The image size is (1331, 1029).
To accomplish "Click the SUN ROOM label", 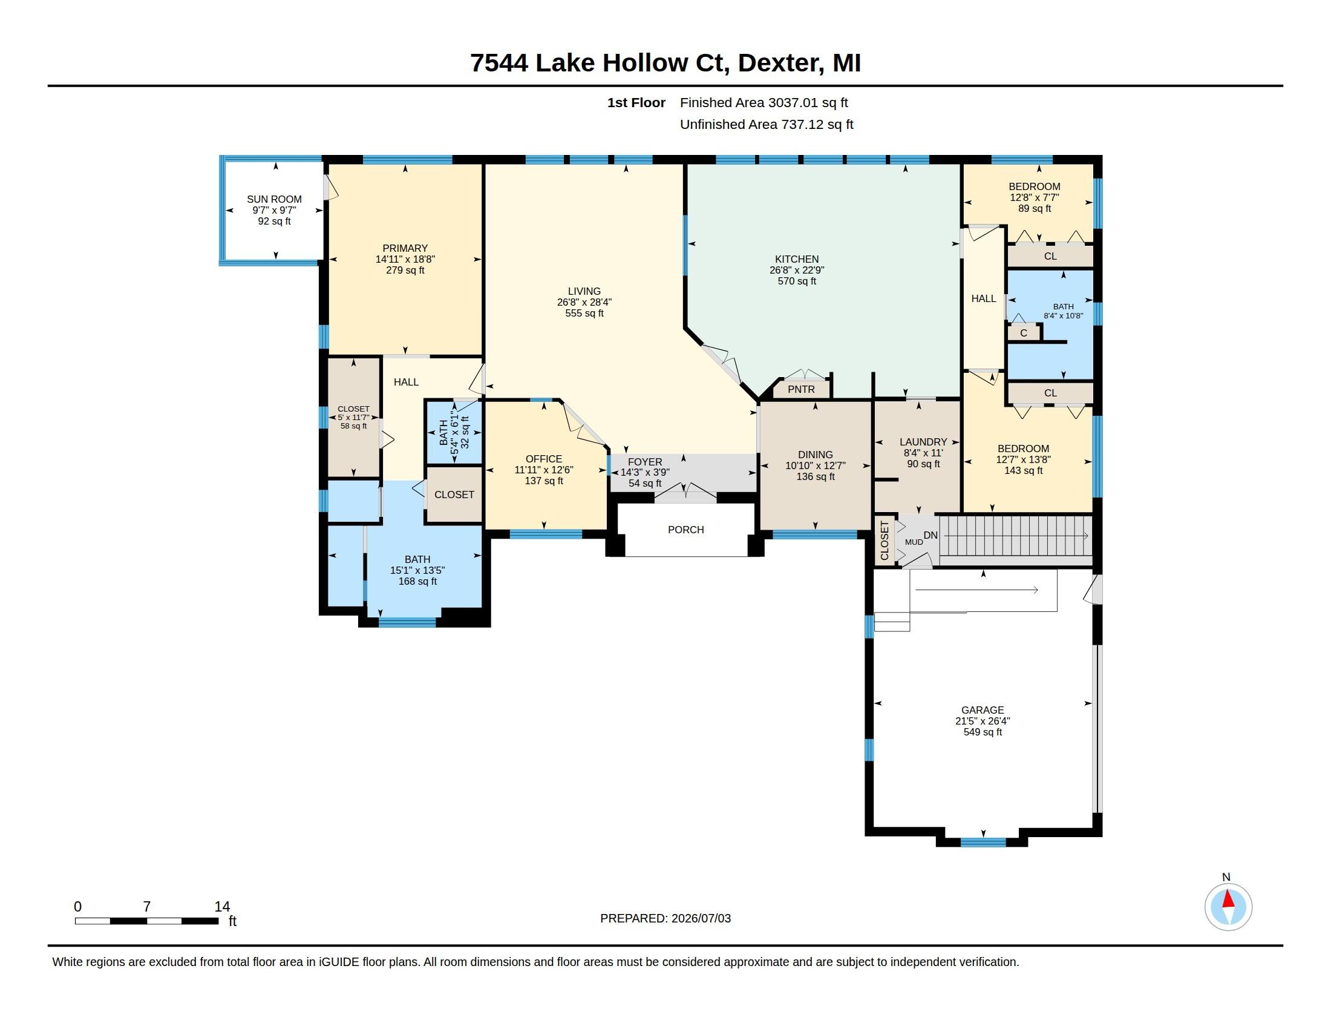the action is point(274,199).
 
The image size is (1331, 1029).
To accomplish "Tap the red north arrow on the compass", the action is point(1228,899).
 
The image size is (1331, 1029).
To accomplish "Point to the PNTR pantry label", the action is point(801,389).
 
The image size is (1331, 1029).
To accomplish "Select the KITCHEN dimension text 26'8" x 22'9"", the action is point(797,270).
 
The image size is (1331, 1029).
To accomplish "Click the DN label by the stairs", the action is point(930,535).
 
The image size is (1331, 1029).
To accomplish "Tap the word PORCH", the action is point(685,530).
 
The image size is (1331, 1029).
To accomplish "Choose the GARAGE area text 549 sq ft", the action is point(983,732).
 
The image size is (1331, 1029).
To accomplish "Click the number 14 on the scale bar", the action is point(222,907).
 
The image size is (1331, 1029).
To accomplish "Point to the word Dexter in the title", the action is point(777,63).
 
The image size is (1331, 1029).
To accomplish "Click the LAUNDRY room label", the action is point(923,442).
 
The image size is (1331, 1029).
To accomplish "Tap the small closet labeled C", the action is point(1023,333).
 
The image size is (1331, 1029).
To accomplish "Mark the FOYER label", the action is point(645,462).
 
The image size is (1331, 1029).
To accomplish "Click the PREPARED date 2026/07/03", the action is point(700,918).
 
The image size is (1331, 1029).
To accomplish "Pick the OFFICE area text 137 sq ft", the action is point(544,481).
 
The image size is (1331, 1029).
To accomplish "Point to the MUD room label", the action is point(914,542).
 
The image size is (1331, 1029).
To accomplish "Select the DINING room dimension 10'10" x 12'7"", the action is point(816,465).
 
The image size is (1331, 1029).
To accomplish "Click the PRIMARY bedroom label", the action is point(405,248).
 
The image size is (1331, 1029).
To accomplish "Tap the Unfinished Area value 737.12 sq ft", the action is point(817,124).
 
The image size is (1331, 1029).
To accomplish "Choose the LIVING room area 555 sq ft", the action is point(584,314).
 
